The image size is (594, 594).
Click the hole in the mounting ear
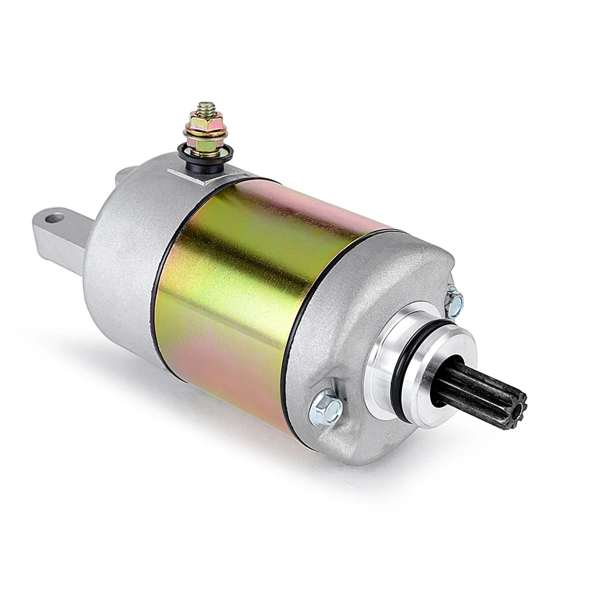[x=54, y=219]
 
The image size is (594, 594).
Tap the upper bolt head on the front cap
[x=454, y=302]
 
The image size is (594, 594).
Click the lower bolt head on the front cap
[x=326, y=409]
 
